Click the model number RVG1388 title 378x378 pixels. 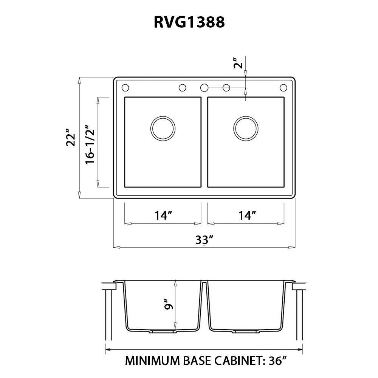189,23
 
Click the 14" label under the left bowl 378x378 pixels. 163,216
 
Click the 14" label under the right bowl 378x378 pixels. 248,216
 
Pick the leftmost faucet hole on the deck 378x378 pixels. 125,88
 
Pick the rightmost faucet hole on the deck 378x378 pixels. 283,88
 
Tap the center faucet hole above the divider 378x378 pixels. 204,88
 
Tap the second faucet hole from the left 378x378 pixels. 182,88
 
